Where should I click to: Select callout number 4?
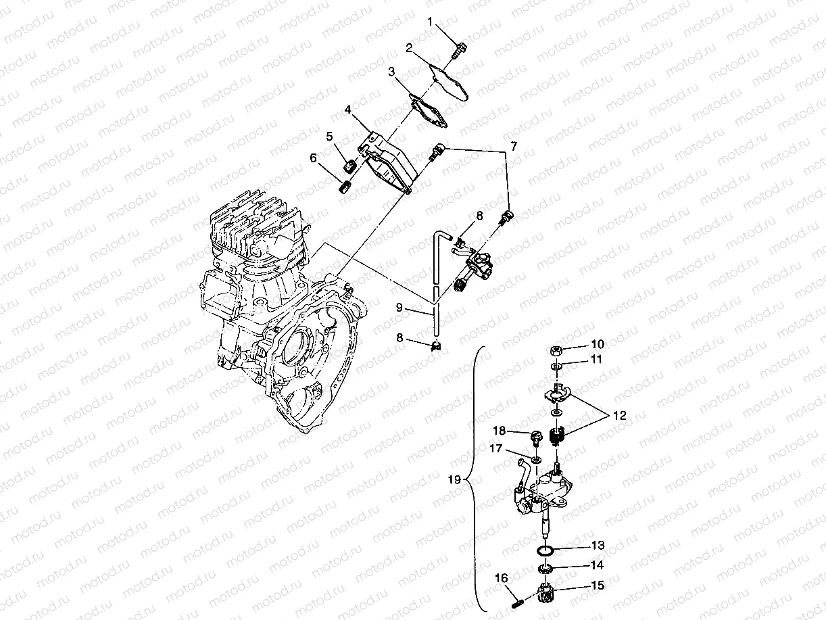pos(347,109)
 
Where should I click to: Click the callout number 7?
pos(514,145)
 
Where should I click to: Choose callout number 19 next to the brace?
pos(454,479)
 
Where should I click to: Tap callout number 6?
pos(314,158)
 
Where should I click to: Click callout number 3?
pos(391,71)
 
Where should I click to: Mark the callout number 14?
pos(598,565)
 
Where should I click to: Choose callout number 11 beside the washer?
pos(596,360)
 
